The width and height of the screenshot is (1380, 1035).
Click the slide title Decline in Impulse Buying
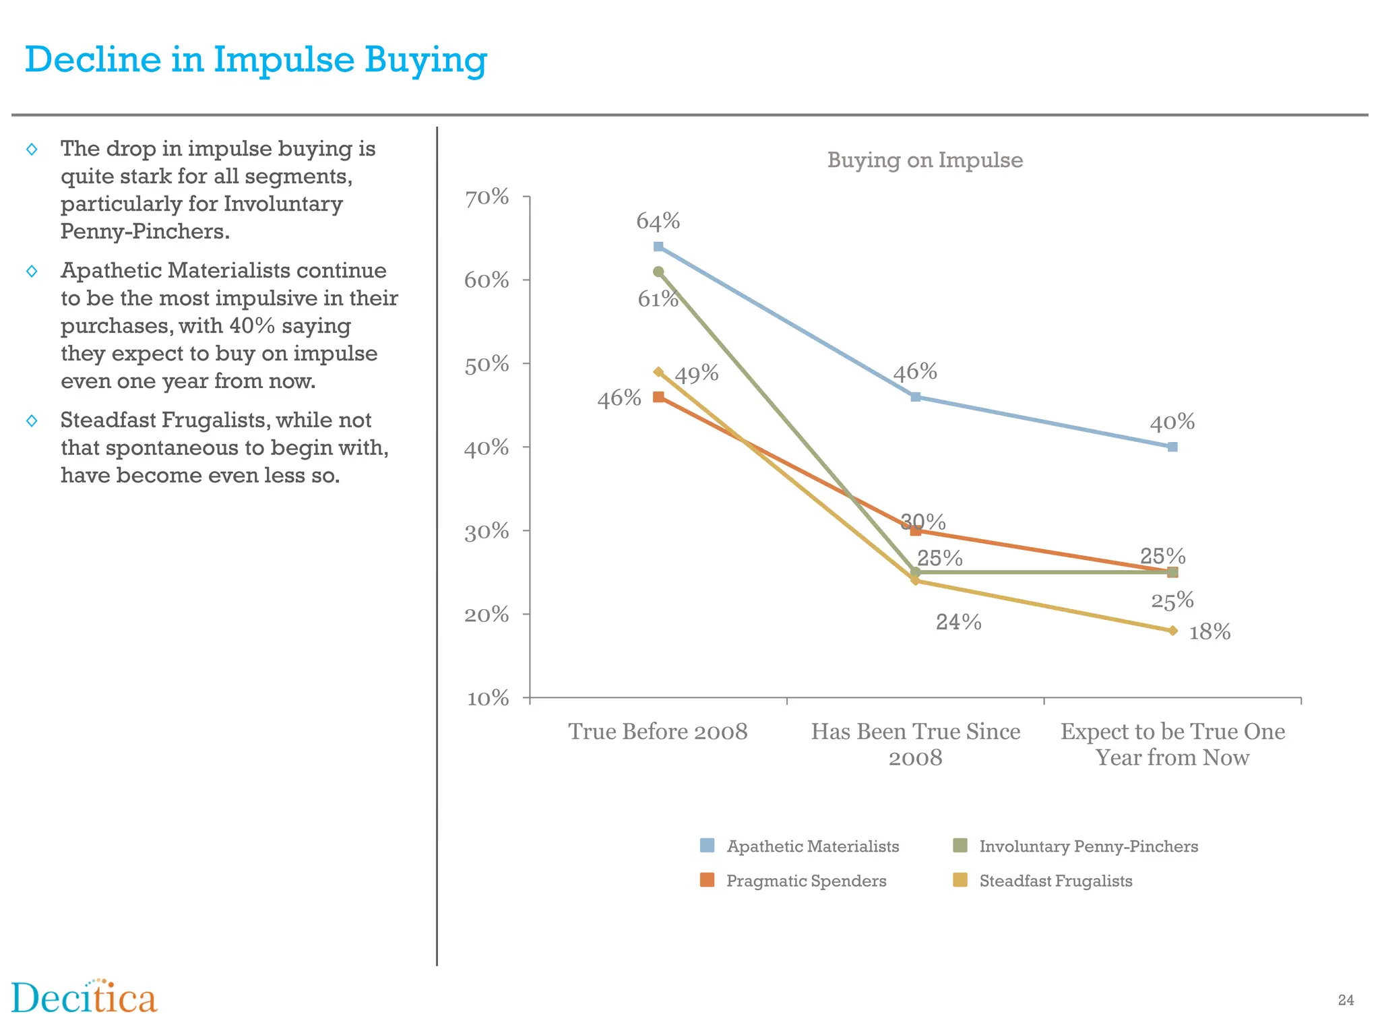tap(256, 59)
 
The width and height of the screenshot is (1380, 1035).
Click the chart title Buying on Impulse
tap(924, 160)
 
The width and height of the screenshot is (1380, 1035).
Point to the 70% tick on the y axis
tap(487, 197)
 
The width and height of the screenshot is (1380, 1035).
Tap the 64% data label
tap(658, 221)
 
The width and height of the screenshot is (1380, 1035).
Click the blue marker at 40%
tap(1172, 447)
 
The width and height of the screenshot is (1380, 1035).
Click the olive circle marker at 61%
tap(658, 272)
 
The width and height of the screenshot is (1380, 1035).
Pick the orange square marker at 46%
tap(658, 397)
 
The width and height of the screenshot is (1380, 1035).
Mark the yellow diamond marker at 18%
tap(1172, 631)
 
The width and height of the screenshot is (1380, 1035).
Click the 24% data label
tap(958, 622)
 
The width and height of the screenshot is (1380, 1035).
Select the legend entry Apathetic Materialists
tap(812, 846)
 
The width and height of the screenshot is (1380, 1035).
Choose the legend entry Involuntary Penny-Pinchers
tap(1088, 846)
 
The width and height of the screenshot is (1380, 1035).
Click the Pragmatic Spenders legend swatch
tap(707, 880)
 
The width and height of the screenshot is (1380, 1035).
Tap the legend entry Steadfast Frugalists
tap(1055, 881)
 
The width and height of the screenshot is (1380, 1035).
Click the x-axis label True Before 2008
tap(658, 732)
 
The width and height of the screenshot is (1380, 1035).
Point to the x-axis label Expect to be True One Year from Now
tap(1172, 745)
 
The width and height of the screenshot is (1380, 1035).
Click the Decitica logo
tap(84, 998)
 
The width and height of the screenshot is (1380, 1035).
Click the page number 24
tap(1346, 1000)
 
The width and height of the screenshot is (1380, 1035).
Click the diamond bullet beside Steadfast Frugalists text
tap(32, 421)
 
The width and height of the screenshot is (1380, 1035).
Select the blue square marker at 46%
tap(916, 397)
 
